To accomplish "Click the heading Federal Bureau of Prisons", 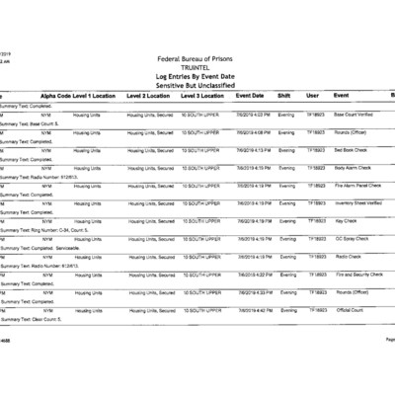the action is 201,58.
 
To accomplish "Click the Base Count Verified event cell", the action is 358,115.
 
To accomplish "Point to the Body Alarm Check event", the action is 354,168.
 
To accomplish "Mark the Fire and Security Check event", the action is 359,275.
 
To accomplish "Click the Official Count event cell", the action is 351,310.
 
